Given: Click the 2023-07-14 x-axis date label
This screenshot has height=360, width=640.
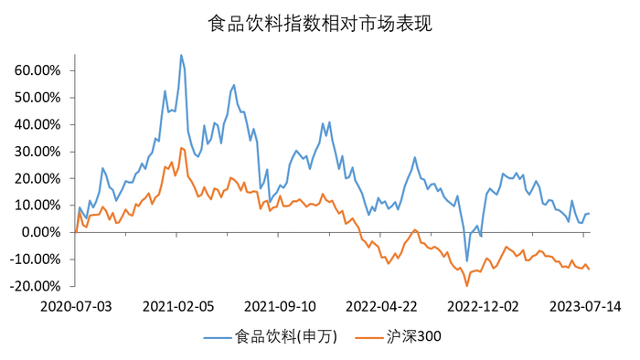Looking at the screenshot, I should click(x=586, y=306).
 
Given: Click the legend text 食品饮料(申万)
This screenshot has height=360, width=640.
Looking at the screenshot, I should click(x=286, y=337).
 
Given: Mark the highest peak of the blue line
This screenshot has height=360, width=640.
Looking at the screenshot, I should click(x=181, y=55).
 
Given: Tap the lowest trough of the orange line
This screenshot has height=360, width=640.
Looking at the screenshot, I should click(x=467, y=286).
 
